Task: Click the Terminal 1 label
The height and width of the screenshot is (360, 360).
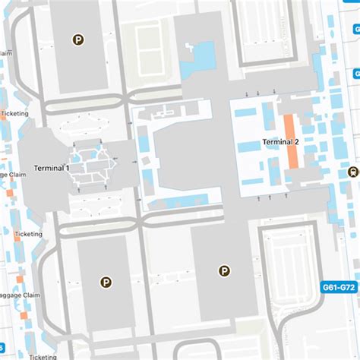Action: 52,168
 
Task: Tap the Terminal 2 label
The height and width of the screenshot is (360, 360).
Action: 281,142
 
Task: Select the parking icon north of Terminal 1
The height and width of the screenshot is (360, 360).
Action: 77,40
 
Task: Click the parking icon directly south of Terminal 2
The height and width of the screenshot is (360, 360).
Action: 224,270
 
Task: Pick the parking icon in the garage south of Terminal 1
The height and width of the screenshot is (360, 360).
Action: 105,282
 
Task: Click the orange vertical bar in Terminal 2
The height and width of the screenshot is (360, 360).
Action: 290,141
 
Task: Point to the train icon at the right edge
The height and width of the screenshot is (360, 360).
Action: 352,172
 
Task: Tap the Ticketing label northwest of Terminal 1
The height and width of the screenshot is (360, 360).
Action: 14,113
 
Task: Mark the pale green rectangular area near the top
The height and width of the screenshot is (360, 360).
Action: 147,44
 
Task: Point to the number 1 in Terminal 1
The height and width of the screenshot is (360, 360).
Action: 68,168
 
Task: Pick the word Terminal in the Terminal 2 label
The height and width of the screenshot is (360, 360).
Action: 276,142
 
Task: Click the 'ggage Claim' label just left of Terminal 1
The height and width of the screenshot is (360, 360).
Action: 14,174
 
